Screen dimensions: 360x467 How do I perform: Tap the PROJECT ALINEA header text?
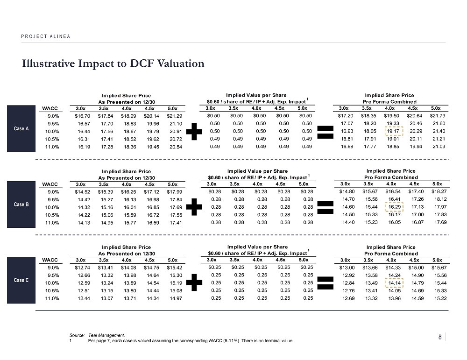(x=45, y=36)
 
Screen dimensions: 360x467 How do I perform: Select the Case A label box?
(x=21, y=129)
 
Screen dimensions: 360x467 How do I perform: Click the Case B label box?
(x=21, y=205)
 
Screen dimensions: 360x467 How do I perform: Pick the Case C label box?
(x=21, y=280)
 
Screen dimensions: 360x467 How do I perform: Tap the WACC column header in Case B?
(x=50, y=184)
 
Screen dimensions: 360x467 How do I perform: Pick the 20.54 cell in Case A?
(x=175, y=147)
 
